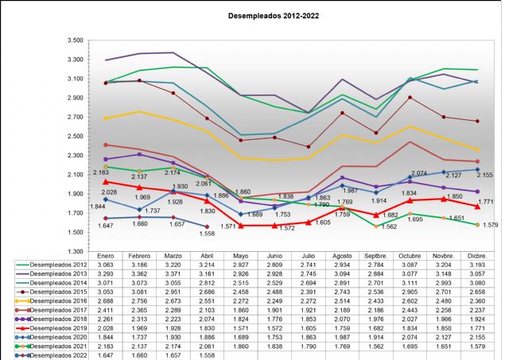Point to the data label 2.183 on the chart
click(100, 172)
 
